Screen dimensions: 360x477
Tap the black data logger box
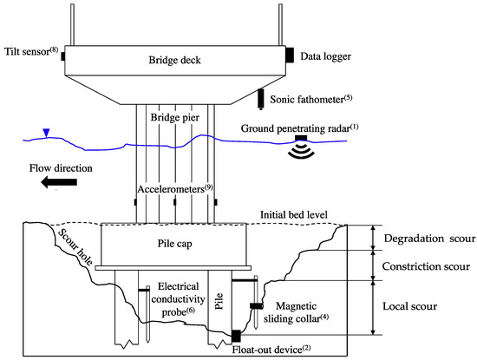coord(288,55)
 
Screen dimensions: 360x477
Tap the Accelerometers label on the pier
coord(173,187)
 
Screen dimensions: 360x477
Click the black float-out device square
coord(236,336)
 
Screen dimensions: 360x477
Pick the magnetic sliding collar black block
coord(257,306)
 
